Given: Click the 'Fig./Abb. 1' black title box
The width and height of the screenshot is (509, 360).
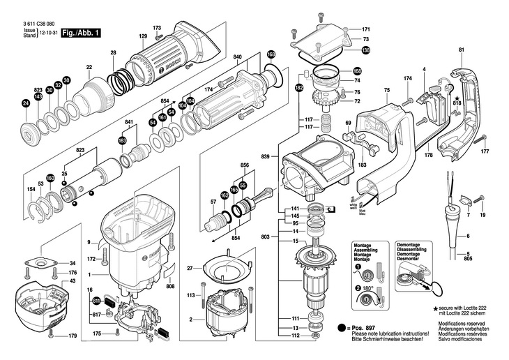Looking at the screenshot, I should (x=81, y=32).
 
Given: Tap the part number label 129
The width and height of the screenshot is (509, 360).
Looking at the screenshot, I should (x=142, y=36).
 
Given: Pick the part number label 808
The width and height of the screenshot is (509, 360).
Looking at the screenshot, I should (x=170, y=285).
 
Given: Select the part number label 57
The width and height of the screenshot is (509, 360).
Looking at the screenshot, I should (x=194, y=202).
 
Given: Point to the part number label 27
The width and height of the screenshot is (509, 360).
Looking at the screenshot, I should (x=189, y=268).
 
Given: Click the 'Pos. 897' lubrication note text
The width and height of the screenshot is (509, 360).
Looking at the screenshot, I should (x=361, y=327).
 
